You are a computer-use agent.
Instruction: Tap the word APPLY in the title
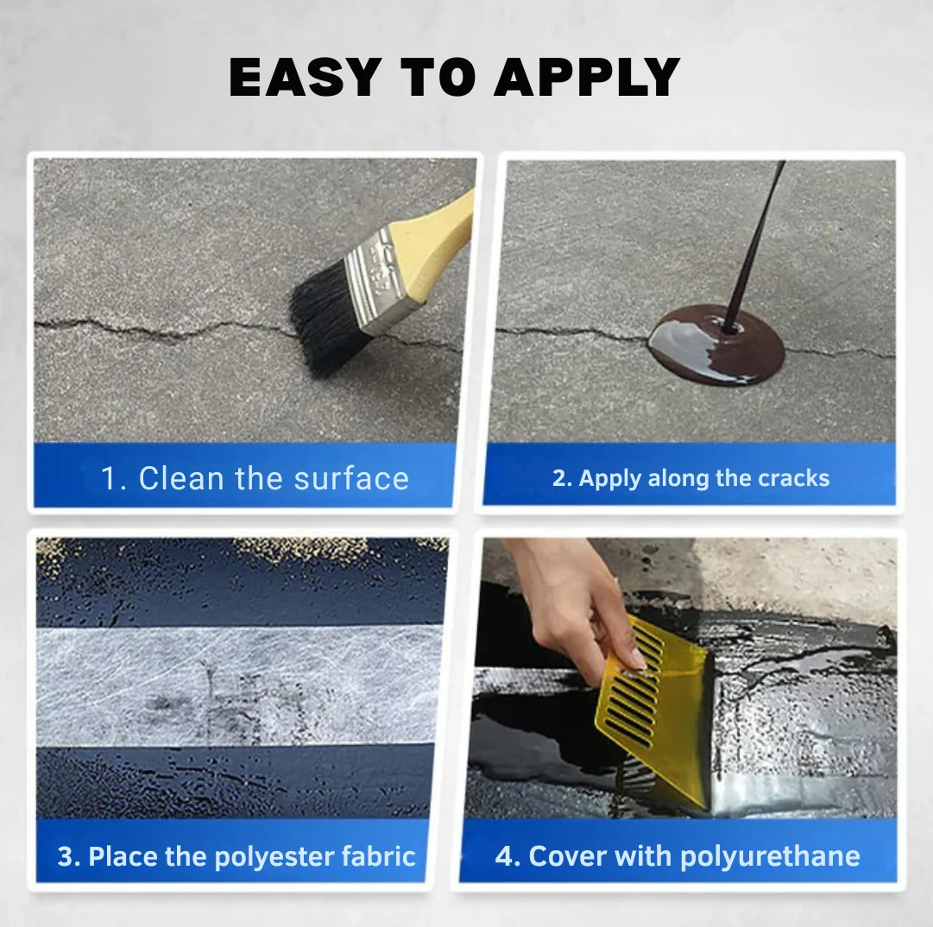tap(587, 77)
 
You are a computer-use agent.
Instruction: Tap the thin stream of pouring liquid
tap(756, 244)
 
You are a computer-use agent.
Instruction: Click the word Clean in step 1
tap(181, 478)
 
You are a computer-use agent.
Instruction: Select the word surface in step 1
tap(351, 478)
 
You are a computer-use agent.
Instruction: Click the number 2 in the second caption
tap(558, 478)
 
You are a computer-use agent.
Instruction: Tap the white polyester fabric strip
tap(238, 684)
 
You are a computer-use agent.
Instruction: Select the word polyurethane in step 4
tap(770, 857)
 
